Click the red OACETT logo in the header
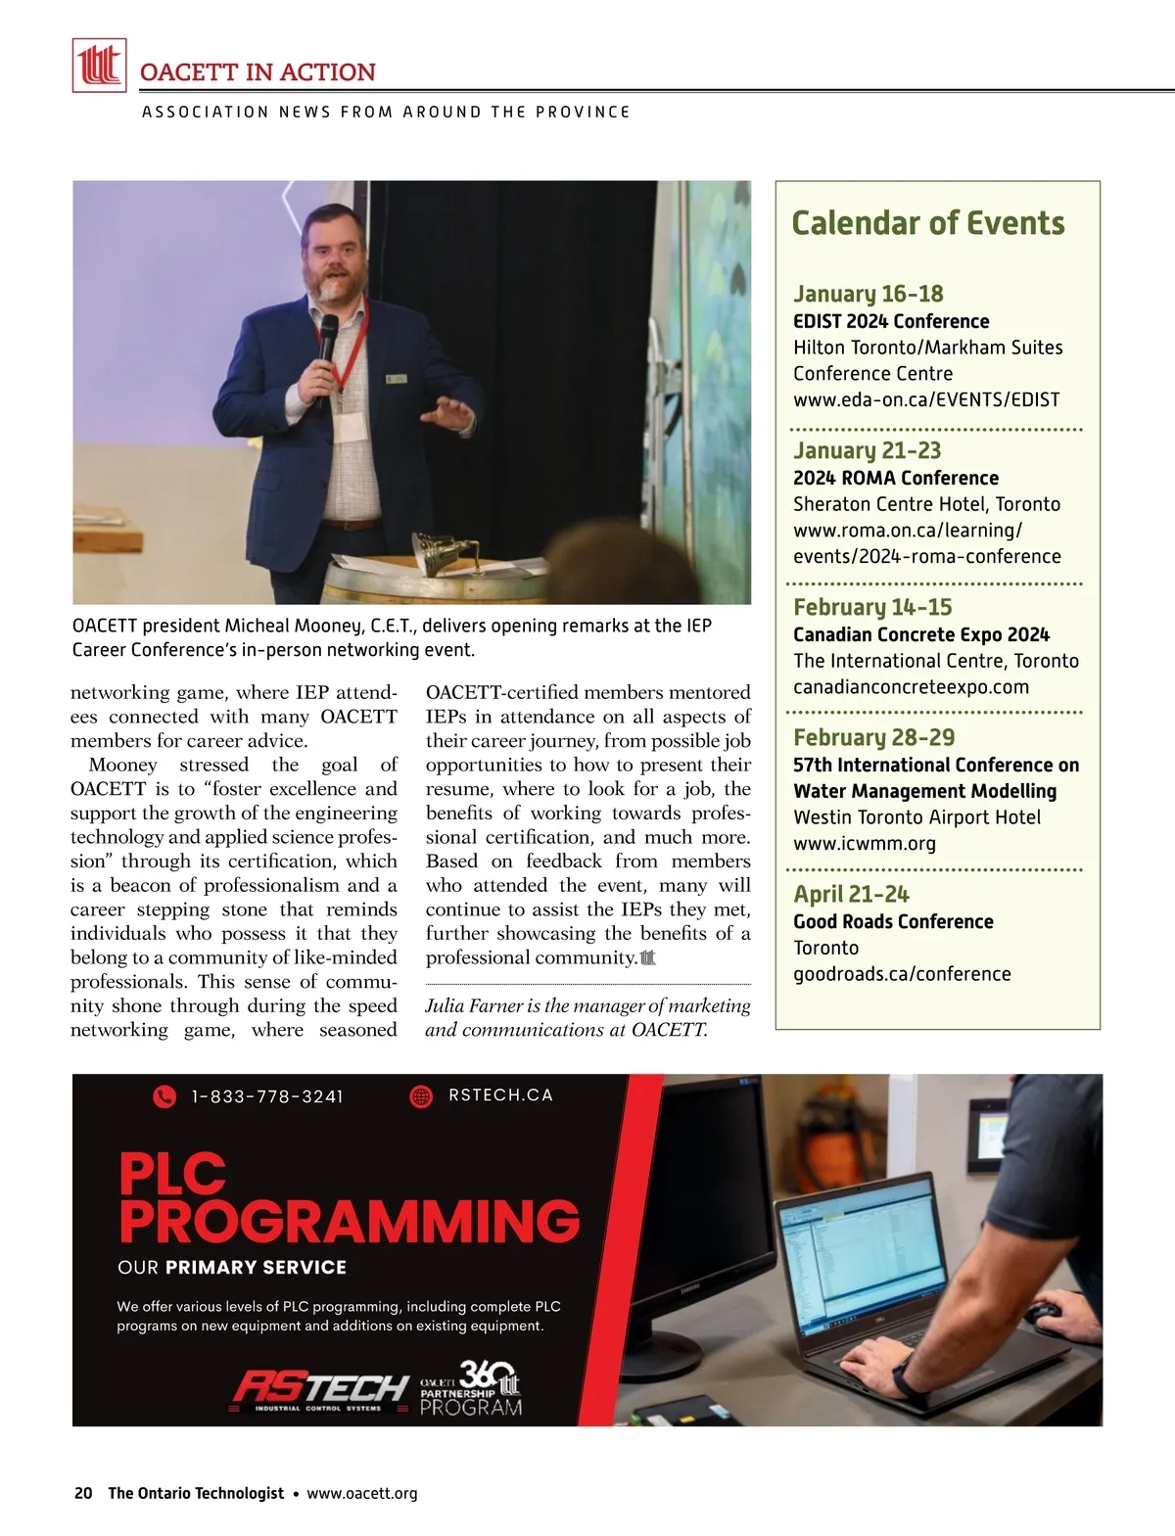coord(99,65)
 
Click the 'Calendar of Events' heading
coord(927,223)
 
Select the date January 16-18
coord(868,294)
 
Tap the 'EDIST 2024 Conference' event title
coord(890,321)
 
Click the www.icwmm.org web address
coord(864,843)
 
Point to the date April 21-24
coord(850,894)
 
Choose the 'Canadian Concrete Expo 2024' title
coord(920,634)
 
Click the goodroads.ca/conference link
coord(901,974)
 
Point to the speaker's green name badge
coord(396,379)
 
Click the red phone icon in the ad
coord(164,1096)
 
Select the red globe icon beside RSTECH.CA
coord(421,1096)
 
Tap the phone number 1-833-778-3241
coord(267,1096)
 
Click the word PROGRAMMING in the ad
coord(350,1222)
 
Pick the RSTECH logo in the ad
coord(319,1388)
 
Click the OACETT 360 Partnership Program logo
coord(471,1388)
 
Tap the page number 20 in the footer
coord(83,1493)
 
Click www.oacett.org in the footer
coord(362,1493)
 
